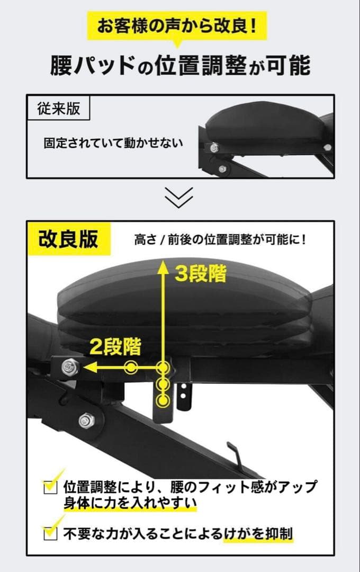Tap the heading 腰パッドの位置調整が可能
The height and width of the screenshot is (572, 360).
coord(180,66)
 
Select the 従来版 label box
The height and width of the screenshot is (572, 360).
coord(58,109)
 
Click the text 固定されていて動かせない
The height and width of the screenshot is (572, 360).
coord(113,143)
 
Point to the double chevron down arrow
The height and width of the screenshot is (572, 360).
coord(179,197)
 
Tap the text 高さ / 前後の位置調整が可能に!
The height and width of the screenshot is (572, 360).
coord(220,239)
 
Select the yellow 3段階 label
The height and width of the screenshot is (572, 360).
coord(201,274)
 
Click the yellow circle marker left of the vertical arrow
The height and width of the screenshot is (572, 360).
coord(131,366)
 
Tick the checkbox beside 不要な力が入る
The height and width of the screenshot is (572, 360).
coord(50,533)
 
